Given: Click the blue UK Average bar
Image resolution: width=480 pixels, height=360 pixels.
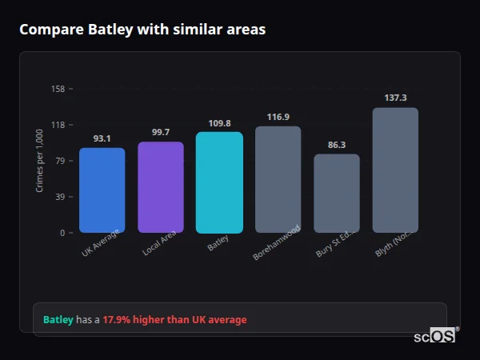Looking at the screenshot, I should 102,190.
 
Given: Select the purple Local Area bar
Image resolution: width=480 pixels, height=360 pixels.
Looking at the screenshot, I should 161,187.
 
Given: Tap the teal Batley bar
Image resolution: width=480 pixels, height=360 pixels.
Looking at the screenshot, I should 219,182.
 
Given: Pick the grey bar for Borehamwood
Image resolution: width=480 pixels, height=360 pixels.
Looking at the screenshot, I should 278,179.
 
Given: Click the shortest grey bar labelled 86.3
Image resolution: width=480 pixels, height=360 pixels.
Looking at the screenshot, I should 337,194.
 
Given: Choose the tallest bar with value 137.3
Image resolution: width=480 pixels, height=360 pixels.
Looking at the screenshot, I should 395,170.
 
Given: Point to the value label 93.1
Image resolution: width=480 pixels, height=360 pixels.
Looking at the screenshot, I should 102,138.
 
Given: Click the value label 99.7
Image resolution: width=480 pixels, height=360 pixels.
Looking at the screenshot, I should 161,132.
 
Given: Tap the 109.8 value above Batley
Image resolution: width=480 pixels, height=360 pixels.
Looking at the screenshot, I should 219,123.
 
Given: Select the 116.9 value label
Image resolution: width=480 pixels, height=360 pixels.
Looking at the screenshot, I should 278,117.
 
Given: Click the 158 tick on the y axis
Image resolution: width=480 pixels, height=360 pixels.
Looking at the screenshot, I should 58,89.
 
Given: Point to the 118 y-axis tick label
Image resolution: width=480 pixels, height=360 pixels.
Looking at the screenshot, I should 58,125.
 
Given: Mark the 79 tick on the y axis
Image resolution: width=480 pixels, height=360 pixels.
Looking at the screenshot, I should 60,161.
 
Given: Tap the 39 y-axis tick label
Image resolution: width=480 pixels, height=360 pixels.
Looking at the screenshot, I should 60,197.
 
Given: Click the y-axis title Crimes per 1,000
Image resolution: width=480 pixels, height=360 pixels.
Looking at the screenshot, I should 40,160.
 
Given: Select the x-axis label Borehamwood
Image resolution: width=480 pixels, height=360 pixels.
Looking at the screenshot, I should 276,242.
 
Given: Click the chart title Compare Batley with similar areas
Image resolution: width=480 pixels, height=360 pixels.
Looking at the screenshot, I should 142,30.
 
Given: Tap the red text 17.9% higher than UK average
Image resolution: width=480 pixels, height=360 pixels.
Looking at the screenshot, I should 174,320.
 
